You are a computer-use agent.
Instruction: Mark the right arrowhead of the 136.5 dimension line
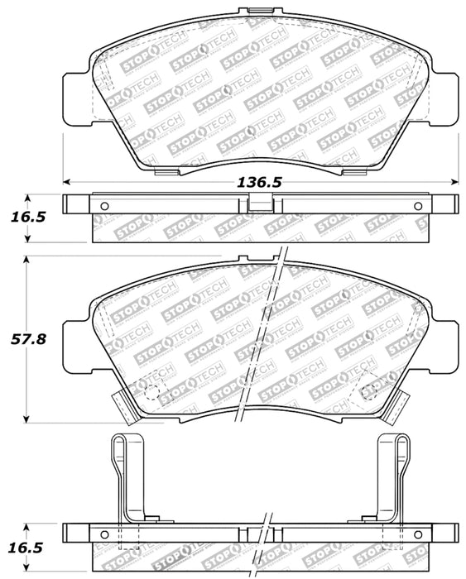pyautogui.click(x=457, y=183)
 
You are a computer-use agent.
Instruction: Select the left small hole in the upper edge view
pyautogui.click(x=104, y=206)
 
